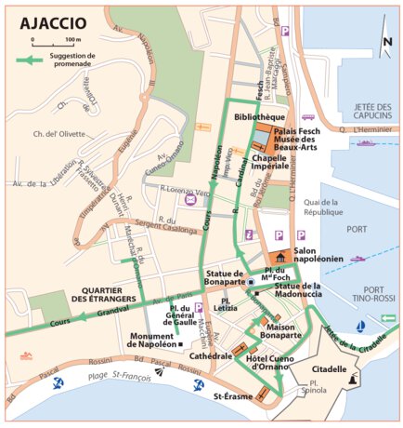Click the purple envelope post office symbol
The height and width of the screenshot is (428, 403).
tap(190, 199)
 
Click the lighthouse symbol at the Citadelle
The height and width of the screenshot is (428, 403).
tap(354, 379)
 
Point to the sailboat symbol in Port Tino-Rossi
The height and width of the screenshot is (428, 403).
tap(358, 327)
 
